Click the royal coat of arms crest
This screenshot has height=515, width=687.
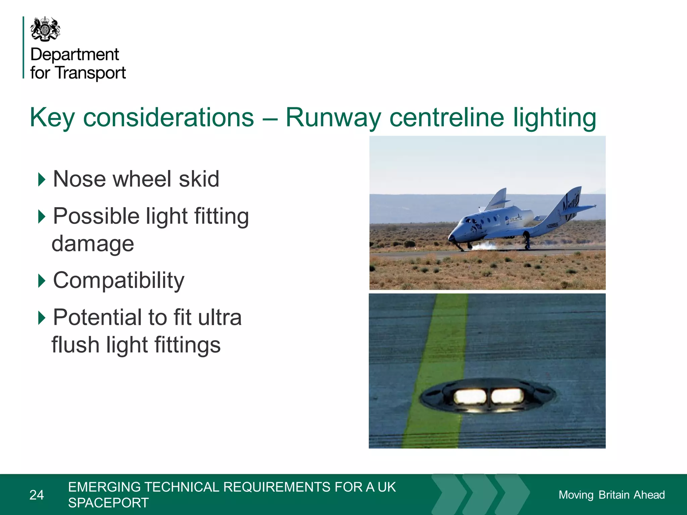(45, 29)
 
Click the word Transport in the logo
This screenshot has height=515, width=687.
(91, 73)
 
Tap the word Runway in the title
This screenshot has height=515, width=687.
(333, 118)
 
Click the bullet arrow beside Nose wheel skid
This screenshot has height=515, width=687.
(42, 179)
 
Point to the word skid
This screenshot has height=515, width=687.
(199, 179)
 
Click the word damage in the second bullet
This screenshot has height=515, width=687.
(93, 244)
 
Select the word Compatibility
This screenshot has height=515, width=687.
(119, 280)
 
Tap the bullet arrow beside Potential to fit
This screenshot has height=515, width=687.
(42, 318)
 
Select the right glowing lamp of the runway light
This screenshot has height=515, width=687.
(507, 396)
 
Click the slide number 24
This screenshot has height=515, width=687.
(37, 495)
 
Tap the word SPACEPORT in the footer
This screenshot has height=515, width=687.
(108, 503)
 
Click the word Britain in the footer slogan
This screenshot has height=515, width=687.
(614, 495)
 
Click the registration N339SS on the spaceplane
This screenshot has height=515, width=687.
(552, 225)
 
